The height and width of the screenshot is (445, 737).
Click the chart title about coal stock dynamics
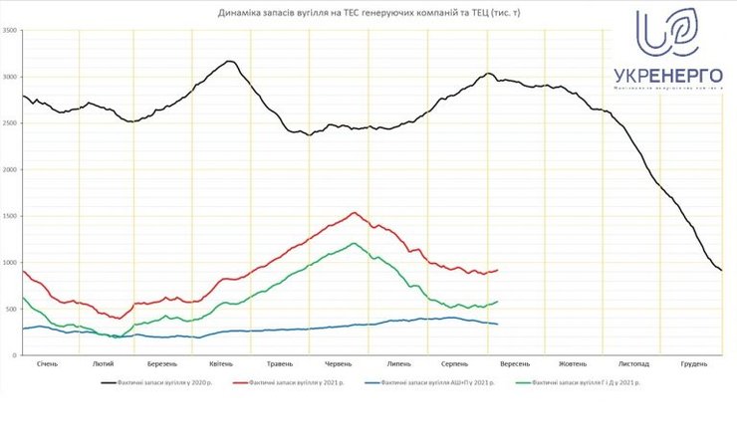(x=368, y=14)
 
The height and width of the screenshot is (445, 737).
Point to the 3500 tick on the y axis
(x=11, y=31)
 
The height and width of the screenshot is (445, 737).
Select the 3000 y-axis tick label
(x=11, y=77)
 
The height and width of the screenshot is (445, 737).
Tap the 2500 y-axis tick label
(x=11, y=123)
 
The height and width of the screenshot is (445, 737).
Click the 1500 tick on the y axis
(x=11, y=216)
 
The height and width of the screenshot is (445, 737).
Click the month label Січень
(x=47, y=363)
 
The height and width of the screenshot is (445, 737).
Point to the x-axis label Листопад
(x=633, y=363)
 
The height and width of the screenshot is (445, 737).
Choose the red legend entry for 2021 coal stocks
(x=289, y=381)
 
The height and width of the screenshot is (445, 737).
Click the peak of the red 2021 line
(x=355, y=212)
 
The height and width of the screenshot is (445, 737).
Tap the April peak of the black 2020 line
(x=230, y=62)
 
